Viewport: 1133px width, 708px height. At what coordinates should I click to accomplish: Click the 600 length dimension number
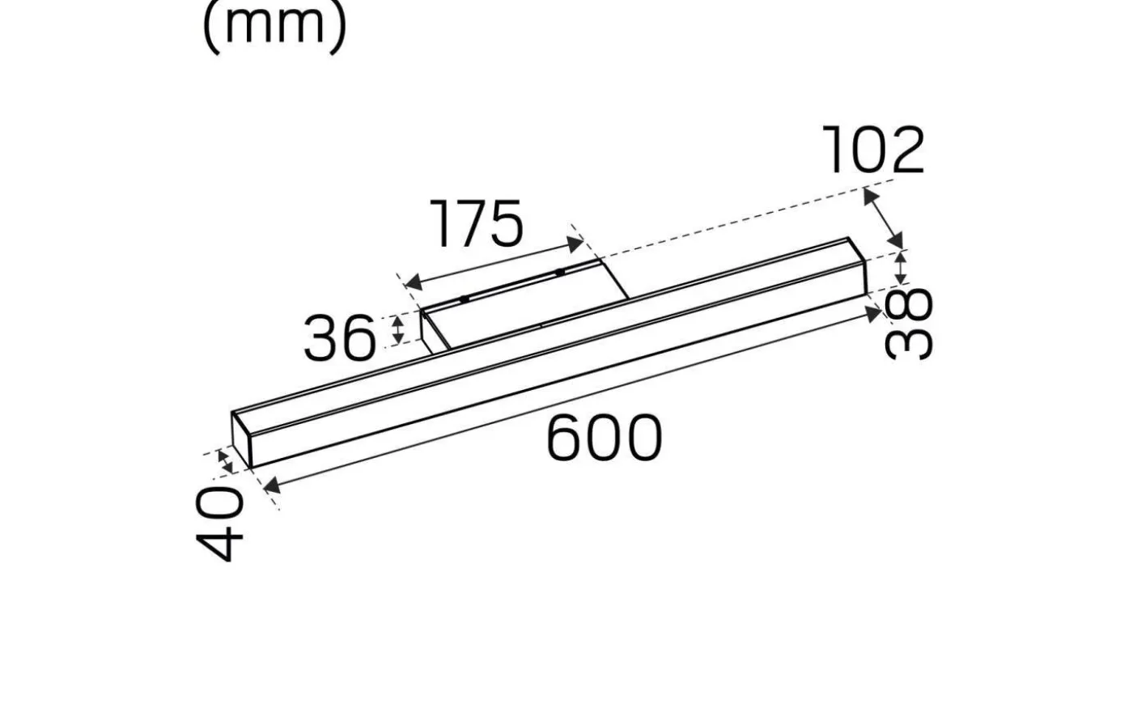tap(604, 439)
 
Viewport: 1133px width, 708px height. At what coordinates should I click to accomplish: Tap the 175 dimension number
tap(477, 224)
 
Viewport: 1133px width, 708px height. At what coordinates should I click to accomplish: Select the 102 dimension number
tap(873, 151)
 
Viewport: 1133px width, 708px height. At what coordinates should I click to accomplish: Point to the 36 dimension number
tap(340, 338)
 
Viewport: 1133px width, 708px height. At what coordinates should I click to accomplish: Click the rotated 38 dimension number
tap(909, 324)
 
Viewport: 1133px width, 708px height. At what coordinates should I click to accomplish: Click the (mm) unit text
tap(274, 24)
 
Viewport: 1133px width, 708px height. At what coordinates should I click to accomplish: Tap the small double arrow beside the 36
tap(397, 329)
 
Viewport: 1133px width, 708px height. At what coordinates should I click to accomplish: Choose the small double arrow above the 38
tap(900, 268)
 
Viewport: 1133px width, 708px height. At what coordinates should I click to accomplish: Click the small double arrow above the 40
tap(226, 461)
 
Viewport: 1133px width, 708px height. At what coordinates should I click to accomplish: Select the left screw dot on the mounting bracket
tap(465, 299)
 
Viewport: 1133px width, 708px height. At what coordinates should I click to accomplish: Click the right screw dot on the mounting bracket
tap(559, 272)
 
